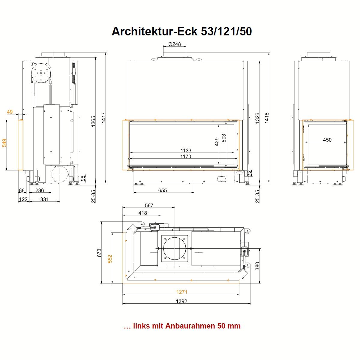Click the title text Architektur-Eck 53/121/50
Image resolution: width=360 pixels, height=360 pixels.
point(181,31)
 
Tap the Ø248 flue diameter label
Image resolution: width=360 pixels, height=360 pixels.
point(175,44)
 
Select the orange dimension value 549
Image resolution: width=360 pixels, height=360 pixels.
point(4,143)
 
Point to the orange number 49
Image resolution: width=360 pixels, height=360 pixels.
point(10,112)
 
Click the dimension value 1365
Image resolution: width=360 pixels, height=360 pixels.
point(93,121)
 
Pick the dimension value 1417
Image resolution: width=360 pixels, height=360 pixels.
point(103,118)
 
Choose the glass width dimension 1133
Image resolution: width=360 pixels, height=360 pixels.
point(186,150)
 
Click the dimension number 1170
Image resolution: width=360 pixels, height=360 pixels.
point(186,156)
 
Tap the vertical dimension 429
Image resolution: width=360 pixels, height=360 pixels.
point(217,142)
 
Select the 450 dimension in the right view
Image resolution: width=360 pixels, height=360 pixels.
point(327,140)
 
